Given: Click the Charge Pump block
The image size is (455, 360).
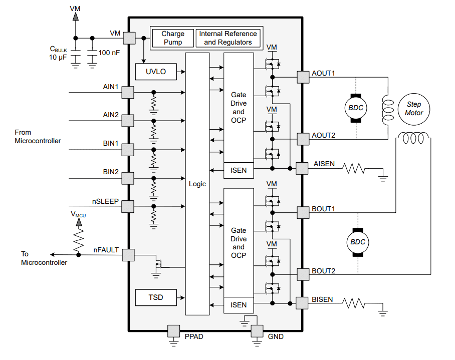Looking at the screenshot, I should tap(173, 38).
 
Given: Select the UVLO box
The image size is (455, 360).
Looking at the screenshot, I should tap(156, 72).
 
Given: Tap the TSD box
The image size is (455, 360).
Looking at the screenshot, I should tap(156, 297).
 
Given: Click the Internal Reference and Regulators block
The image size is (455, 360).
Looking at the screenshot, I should tap(227, 38).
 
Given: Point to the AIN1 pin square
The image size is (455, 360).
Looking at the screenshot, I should tap(128, 92).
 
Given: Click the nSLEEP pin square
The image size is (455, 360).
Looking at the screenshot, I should tap(128, 206).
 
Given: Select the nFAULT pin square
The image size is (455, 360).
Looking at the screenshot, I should tap(128, 255).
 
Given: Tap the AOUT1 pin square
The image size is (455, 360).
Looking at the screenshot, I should tap(303, 77).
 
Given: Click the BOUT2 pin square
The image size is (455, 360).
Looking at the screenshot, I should tap(303, 274).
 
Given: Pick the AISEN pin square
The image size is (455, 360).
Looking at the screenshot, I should tap(302, 168).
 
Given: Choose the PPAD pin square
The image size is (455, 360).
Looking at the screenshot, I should tap(173, 331).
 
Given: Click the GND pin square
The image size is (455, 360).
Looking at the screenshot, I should tap(257, 331).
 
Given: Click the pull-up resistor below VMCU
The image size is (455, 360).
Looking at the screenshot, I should tap(78, 241).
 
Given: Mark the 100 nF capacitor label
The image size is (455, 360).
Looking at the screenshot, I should tap(109, 52).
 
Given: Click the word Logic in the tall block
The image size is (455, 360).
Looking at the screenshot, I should tap(197, 184).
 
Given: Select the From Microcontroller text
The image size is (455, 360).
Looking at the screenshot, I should tap(38, 137).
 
